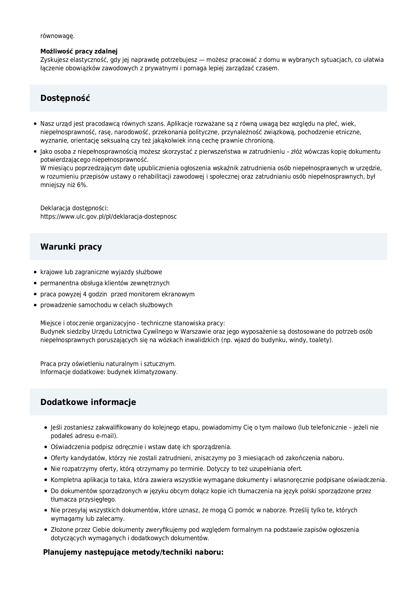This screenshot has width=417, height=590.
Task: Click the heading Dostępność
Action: (x=65, y=98)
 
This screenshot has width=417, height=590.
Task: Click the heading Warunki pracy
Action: (x=71, y=247)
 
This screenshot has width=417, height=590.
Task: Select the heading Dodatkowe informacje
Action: (x=88, y=402)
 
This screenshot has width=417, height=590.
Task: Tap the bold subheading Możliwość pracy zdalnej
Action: (x=79, y=51)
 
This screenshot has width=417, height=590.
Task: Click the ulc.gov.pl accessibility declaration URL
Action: (x=109, y=216)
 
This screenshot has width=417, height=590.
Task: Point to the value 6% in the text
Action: (x=82, y=185)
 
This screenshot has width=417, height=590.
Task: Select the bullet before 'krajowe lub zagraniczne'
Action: (x=35, y=272)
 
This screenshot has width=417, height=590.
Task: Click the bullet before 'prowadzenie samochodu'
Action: (x=35, y=305)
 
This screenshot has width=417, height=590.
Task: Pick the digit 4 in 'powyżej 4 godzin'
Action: (x=85, y=294)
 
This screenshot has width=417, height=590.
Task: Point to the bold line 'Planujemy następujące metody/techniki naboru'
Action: (x=133, y=552)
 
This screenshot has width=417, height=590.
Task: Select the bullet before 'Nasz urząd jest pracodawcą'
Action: (x=35, y=124)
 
